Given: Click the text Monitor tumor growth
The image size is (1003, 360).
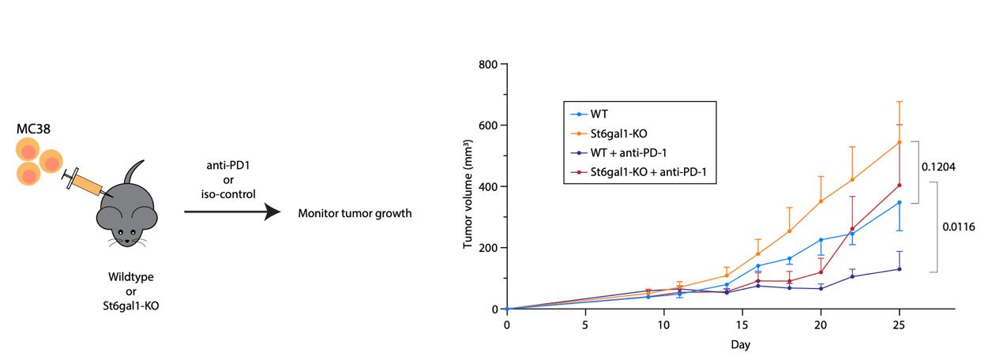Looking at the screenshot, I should click(354, 213).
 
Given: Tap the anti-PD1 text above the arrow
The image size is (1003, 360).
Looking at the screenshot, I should click(228, 164).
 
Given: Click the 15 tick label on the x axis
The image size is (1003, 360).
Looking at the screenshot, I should click(742, 324).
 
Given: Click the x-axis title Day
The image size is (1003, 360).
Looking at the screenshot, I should click(740, 344).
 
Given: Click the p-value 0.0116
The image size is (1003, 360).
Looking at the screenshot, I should click(959, 227).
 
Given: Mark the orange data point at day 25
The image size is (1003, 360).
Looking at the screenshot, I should click(899, 142).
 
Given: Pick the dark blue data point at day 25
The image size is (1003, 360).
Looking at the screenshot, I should click(899, 269).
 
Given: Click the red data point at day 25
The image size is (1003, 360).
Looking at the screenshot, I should click(899, 186).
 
